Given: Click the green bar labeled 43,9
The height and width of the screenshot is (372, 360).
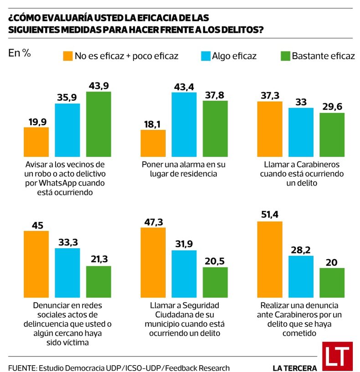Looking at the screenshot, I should [x=98, y=124].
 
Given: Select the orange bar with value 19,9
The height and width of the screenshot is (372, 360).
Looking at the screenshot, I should [x=36, y=142].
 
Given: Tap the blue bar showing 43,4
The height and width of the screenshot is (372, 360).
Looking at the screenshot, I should [x=184, y=124].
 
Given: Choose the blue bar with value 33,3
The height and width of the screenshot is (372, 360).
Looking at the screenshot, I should [x=67, y=270].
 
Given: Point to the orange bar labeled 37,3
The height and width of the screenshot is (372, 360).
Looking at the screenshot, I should [x=270, y=129].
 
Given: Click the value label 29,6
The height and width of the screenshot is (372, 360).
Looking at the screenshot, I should [x=332, y=107].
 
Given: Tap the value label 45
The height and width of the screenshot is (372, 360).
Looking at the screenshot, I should [x=36, y=224].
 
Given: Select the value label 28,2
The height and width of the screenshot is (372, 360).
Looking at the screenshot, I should [x=301, y=249].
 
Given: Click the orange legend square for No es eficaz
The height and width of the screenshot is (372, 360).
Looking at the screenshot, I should [x=67, y=56].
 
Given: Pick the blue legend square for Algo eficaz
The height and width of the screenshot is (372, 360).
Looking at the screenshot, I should [x=205, y=56].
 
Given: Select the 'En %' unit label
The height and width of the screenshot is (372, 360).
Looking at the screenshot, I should [x=20, y=53].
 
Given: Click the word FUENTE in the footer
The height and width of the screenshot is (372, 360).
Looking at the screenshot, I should [x=21, y=367].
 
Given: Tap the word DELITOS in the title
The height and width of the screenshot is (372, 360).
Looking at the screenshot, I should [x=241, y=30].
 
